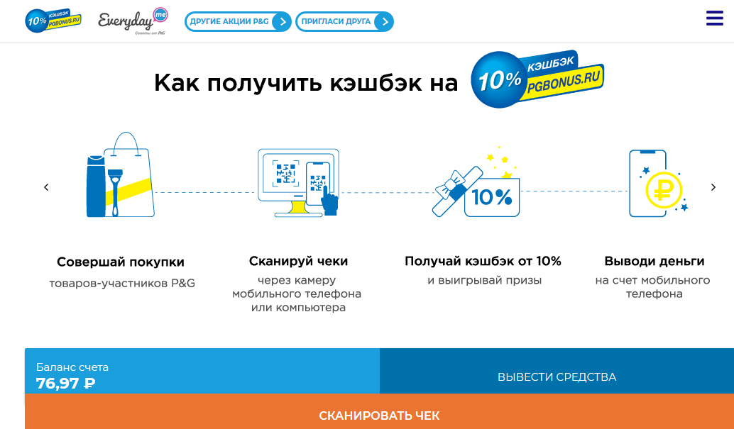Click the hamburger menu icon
coord(714,18)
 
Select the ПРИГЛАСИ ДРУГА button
coord(344,22)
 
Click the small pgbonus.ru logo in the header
coord(53,21)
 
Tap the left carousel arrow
coord(46,187)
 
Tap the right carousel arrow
coord(713,187)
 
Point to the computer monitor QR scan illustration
coord(298,182)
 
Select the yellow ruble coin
coord(663,189)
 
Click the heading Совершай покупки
coord(121,262)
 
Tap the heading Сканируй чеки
coord(298,262)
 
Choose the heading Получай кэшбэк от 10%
coord(483,262)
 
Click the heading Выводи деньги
coord(654,262)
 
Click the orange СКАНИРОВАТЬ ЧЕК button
coord(379,415)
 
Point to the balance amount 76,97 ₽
coord(65,384)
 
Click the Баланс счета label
coord(72,367)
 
